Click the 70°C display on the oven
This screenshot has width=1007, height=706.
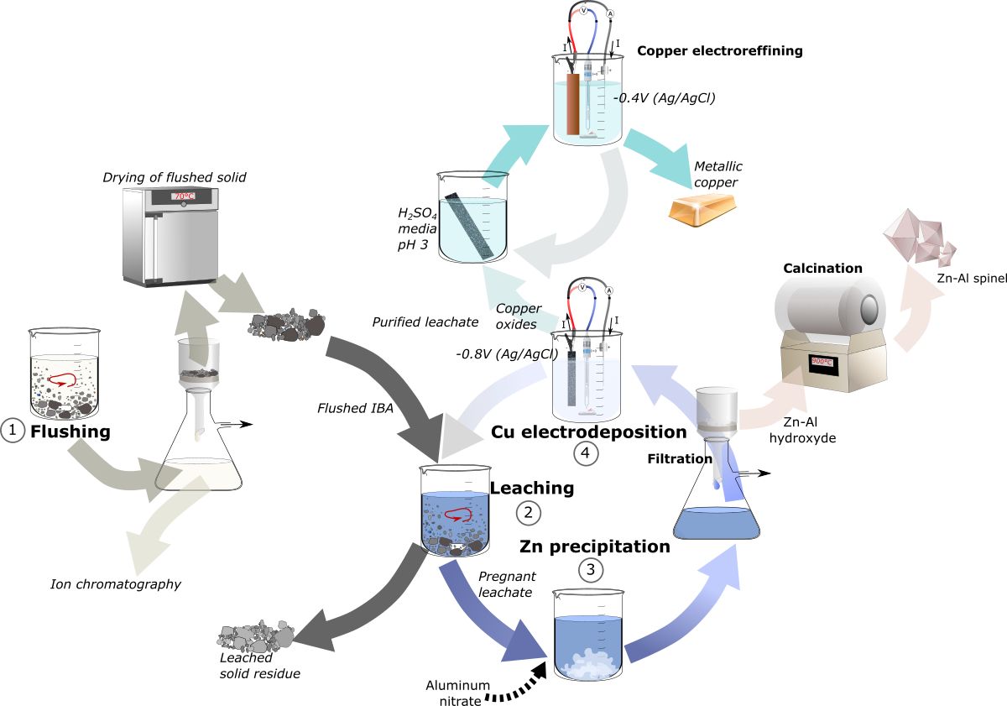tap(184, 196)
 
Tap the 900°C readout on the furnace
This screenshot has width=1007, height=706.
tap(822, 362)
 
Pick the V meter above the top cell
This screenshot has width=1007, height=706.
tap(583, 10)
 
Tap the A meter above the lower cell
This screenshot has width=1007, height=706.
tap(608, 290)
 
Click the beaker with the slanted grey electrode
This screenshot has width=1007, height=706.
tap(472, 228)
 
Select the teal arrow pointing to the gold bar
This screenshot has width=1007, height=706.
tap(660, 156)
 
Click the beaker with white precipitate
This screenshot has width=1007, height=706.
tap(588, 648)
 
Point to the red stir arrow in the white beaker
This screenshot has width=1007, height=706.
tap(62, 380)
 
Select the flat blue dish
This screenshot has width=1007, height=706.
tap(716, 524)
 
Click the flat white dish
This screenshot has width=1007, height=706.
tap(198, 474)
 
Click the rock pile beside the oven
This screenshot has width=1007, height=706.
tap(287, 325)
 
